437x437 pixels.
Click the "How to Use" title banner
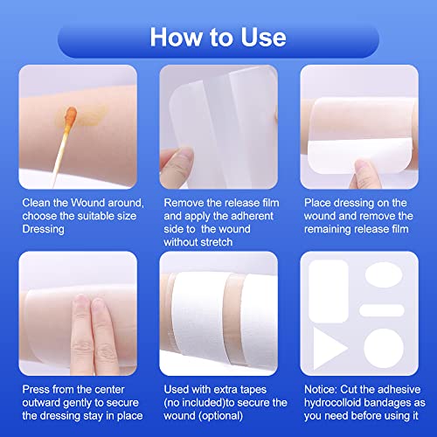pyautogui.click(x=218, y=37)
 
